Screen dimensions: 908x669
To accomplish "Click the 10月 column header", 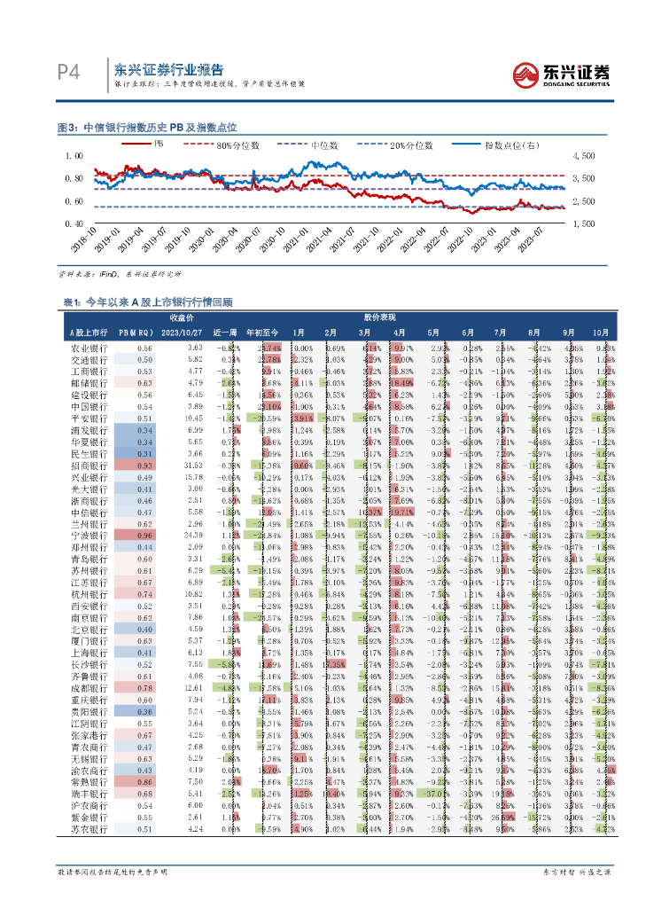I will (x=601, y=332).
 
